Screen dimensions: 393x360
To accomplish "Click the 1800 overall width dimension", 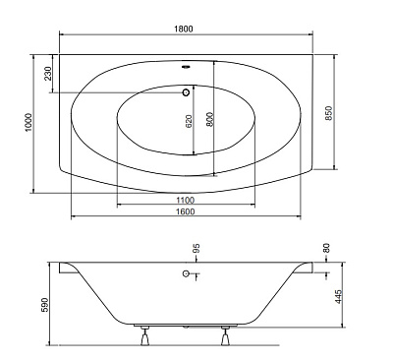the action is coord(184,29).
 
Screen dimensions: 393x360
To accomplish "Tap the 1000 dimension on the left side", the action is coord(28,123).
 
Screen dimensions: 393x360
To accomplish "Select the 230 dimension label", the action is coord(48,74).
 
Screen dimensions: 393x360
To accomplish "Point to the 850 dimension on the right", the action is coord(329,113).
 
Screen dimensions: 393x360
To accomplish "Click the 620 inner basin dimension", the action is coord(189,121).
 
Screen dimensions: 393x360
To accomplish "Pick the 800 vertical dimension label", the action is coord(209,119).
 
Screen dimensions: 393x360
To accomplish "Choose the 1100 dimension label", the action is coord(186,200).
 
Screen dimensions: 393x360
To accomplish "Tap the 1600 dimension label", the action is coord(186,211).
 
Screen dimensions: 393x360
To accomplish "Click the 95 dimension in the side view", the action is coord(196,249).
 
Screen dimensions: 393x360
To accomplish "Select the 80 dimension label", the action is coord(326,248).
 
